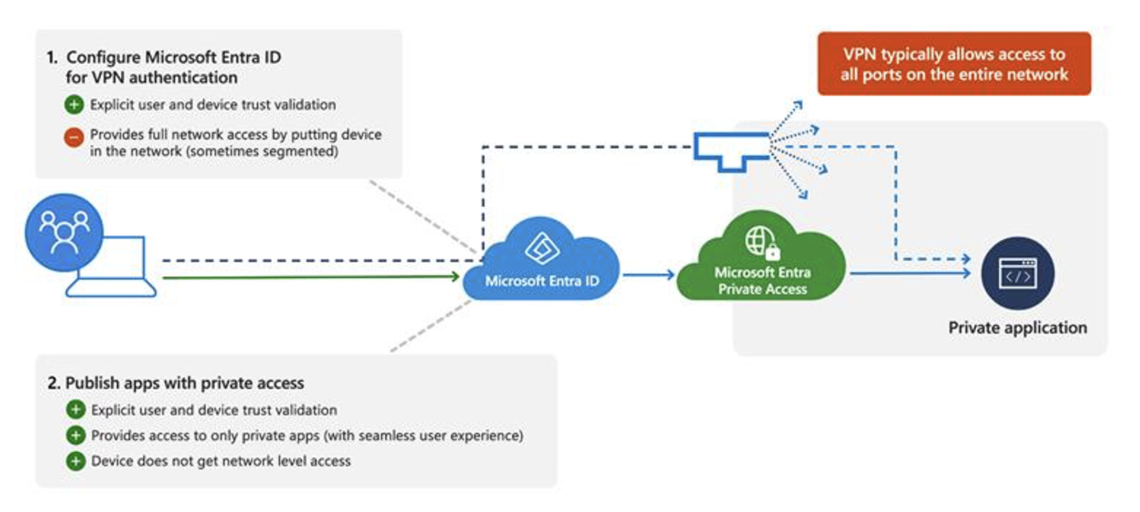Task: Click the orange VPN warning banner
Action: pos(954,64)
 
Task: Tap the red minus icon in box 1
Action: pos(74,138)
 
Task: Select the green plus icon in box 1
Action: pos(74,105)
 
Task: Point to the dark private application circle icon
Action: pos(1017,273)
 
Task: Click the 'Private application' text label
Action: pos(1017,328)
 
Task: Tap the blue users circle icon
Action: pos(64,232)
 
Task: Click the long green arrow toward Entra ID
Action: pos(310,277)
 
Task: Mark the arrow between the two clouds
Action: pos(648,275)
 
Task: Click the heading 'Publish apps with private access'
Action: pos(184,383)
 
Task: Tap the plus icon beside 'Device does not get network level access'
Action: pos(75,461)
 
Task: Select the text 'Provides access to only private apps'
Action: pos(205,436)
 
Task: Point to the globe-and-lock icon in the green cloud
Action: pos(762,243)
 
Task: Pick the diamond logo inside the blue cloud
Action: pos(542,248)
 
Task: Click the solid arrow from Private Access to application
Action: pos(909,273)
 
